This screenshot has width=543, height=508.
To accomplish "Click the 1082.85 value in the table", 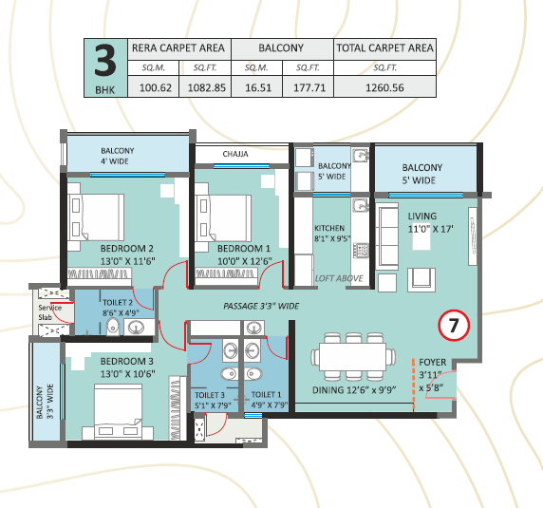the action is [206, 87].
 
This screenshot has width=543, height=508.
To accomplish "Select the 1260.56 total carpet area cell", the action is [384, 87].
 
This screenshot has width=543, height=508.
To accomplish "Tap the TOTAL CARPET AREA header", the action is [384, 47].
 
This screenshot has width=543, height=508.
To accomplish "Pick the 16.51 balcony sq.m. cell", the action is [258, 87].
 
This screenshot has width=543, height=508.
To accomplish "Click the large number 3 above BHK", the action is [105, 61].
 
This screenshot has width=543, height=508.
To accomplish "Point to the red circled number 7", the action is [454, 325].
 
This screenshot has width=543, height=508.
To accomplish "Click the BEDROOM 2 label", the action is [127, 249].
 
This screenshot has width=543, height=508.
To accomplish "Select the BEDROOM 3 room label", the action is [127, 361].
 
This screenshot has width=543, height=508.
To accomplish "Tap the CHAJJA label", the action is [235, 154].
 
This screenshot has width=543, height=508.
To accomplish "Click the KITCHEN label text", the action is [329, 228].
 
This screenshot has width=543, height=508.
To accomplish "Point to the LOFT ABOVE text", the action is [339, 278].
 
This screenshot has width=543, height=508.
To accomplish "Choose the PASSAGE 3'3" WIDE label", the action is [261, 306].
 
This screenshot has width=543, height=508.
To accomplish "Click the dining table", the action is [353, 357].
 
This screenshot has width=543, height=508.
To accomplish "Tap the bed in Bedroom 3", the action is [118, 411].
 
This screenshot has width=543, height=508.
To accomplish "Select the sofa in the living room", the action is [387, 236].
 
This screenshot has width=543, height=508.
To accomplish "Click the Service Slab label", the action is [50, 312].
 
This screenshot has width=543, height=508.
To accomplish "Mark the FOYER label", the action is [433, 362].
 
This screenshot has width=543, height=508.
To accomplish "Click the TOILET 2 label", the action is [118, 303].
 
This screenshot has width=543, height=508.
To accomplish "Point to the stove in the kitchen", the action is [361, 251].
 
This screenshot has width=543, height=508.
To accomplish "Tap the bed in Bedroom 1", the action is [223, 218].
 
